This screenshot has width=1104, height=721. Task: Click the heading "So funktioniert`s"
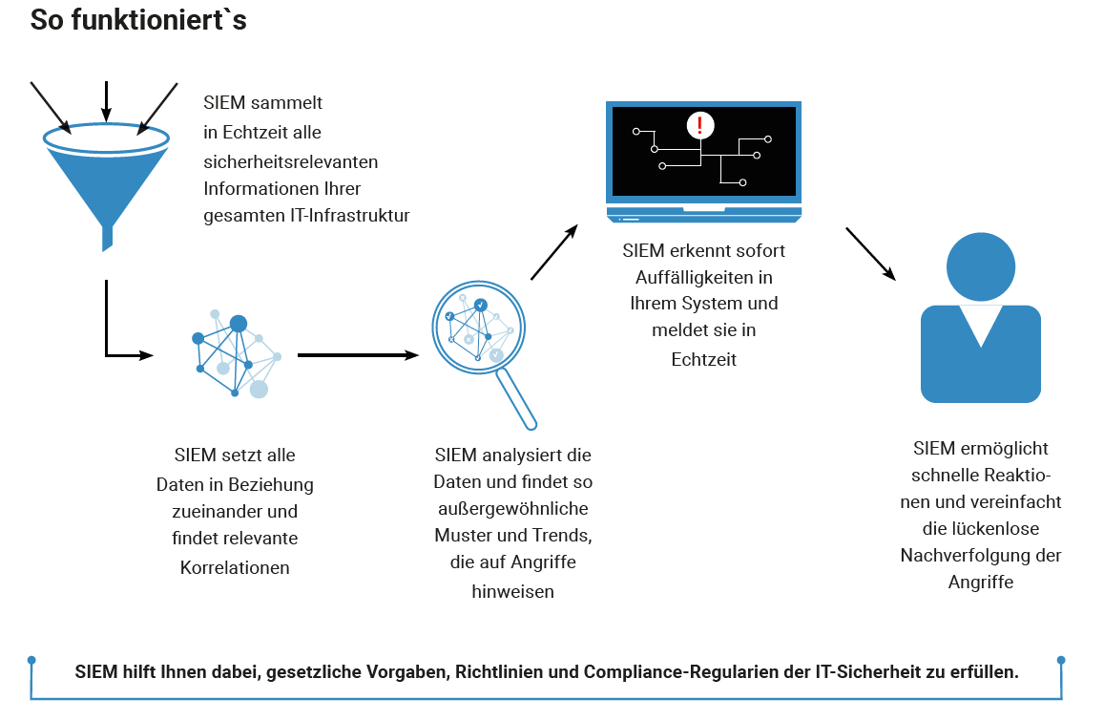[138, 20]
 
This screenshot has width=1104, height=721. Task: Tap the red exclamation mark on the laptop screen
[699, 125]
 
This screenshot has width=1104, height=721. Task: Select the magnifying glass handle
[516, 399]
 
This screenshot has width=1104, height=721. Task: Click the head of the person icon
[981, 267]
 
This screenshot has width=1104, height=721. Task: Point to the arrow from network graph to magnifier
[359, 355]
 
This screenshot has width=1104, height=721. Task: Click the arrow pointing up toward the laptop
[554, 252]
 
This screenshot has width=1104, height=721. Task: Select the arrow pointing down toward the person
[871, 254]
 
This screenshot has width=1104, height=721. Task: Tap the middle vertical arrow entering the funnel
[106, 102]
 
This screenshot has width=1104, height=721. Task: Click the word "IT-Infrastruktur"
[350, 216]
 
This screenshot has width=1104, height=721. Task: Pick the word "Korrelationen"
[235, 568]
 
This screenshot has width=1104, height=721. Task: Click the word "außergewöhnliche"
[513, 509]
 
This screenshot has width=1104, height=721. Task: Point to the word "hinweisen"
[512, 592]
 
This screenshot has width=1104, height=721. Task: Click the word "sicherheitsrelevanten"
[291, 162]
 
